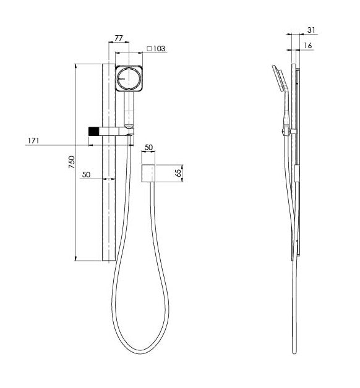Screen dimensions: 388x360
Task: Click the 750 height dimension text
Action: pyautogui.click(x=71, y=162)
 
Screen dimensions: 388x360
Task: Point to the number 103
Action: pyautogui.click(x=160, y=49)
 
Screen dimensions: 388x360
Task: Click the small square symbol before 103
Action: pyautogui.click(x=149, y=49)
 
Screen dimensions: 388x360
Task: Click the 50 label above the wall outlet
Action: pyautogui.click(x=148, y=148)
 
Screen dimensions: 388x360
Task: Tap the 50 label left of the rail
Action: pyautogui.click(x=87, y=175)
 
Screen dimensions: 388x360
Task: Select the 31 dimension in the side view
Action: pyautogui.click(x=311, y=30)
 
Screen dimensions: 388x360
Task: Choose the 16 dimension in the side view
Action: pyautogui.click(x=308, y=46)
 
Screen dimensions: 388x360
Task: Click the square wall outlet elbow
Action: pyautogui.click(x=148, y=174)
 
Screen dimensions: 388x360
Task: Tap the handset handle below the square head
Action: pyautogui.click(x=129, y=108)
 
